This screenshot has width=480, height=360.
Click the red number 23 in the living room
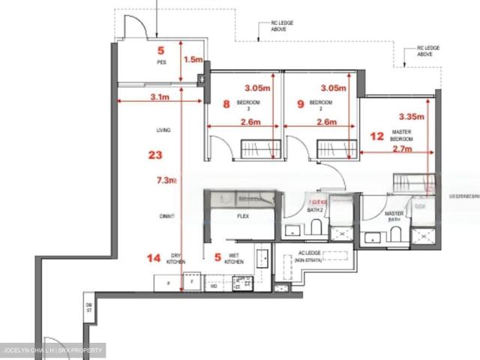[155, 155]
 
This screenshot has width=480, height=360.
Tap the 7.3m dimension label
[166, 180]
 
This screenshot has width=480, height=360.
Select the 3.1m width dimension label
[159, 97]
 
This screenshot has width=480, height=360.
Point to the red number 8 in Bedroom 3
[226, 105]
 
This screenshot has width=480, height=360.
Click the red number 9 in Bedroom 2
[300, 105]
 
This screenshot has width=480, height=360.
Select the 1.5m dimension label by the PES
[193, 59]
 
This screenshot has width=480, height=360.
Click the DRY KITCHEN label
[176, 259]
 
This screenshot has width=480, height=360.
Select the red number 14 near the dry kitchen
[154, 259]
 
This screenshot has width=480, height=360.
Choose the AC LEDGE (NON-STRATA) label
[309, 256]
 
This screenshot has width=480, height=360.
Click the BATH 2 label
[315, 211]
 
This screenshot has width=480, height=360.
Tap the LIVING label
[163, 130]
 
